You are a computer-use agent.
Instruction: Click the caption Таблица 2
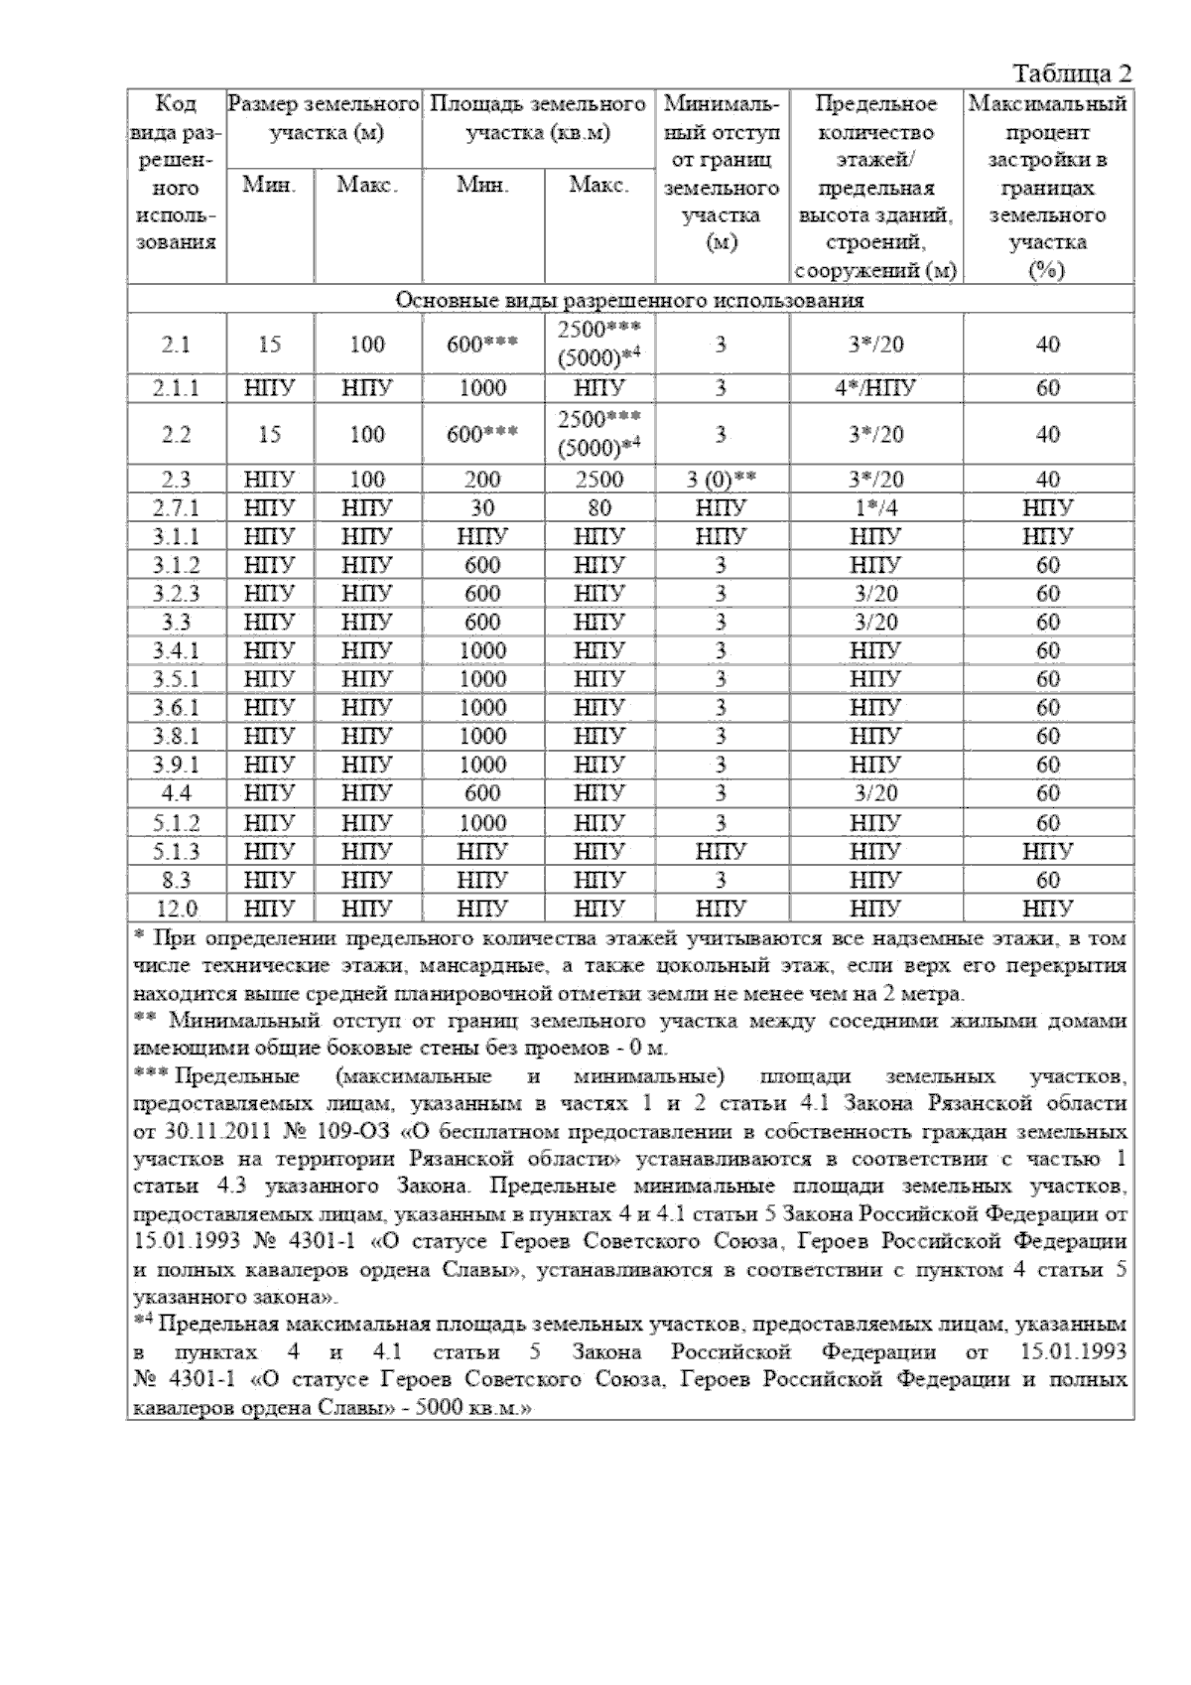pyautogui.click(x=1071, y=74)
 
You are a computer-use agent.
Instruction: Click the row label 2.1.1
pyautogui.click(x=177, y=388)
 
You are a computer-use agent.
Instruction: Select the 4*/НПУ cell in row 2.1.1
pyautogui.click(x=875, y=388)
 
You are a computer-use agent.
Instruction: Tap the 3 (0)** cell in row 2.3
pyautogui.click(x=722, y=480)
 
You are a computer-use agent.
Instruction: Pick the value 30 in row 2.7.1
pyautogui.click(x=482, y=508)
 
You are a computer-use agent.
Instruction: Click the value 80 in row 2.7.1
pyautogui.click(x=598, y=508)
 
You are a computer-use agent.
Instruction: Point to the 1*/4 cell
pyautogui.click(x=875, y=508)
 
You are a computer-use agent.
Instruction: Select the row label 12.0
pyautogui.click(x=177, y=909)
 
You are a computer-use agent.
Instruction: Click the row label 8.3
pyautogui.click(x=177, y=880)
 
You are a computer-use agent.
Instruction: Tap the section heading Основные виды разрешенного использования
pyautogui.click(x=629, y=300)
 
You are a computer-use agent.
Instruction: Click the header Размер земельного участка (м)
pyautogui.click(x=324, y=118)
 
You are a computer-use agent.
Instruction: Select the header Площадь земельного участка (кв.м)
pyautogui.click(x=538, y=118)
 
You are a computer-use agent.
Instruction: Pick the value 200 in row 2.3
pyautogui.click(x=482, y=480)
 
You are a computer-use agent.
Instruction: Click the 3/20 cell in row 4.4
pyautogui.click(x=875, y=793)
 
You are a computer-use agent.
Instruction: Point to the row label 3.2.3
pyautogui.click(x=177, y=594)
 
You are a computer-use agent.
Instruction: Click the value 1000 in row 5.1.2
pyautogui.click(x=482, y=822)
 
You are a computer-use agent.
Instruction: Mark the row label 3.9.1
pyautogui.click(x=177, y=765)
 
